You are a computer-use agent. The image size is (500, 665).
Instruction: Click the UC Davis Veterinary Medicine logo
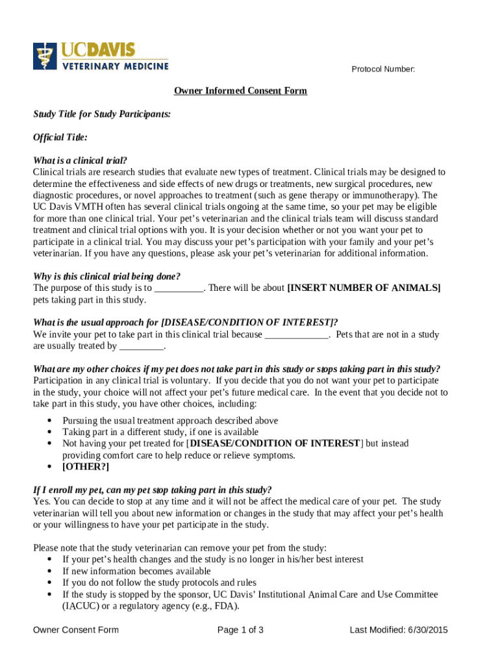101,56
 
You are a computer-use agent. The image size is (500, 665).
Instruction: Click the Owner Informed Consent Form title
240,91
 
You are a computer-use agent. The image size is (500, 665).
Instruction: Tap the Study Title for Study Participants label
102,114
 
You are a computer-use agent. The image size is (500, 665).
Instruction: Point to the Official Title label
60,138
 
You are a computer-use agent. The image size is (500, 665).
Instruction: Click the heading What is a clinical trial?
80,160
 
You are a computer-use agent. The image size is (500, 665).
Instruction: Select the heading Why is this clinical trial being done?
106,276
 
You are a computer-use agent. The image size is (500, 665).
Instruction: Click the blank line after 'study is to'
179,288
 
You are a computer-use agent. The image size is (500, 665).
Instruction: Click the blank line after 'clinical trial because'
297,335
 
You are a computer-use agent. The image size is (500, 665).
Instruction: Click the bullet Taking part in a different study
160,432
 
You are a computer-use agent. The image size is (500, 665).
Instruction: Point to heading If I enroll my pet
152,490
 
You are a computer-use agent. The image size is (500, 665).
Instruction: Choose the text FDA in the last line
227,607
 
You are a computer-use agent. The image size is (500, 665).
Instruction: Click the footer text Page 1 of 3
240,630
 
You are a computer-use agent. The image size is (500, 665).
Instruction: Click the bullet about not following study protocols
159,583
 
